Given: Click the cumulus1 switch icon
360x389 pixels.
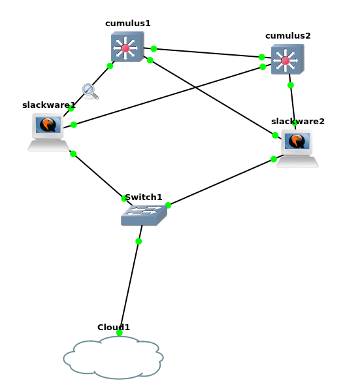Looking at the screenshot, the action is coord(127,46).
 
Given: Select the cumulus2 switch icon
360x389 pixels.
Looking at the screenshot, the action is coord(287,59).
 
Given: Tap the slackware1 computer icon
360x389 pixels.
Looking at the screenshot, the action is coord(48,132).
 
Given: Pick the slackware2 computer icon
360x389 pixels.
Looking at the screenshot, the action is coord(297,148).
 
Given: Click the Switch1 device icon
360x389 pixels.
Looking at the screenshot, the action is coord(144,215).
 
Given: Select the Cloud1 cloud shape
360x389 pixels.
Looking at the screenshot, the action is coord(113,358).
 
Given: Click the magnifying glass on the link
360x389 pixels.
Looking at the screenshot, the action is coord(90,92).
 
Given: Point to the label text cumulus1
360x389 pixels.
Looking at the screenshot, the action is coord(127,24).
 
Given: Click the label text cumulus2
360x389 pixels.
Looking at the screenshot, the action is coord(288,36).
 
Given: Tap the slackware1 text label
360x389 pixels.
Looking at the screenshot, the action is coord(49,105).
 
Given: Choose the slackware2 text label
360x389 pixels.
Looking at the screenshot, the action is coord(298,122).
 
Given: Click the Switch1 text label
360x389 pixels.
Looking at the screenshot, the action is coord(144,197).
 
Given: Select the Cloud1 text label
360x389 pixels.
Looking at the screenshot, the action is coord(114,328).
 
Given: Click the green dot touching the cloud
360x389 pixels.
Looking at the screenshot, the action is coord(120,333).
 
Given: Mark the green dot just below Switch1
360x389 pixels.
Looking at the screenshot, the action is coord(139,241).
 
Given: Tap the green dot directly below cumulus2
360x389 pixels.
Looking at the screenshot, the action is coord(291,86).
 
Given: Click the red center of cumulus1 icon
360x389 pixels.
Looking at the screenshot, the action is coord(125,48).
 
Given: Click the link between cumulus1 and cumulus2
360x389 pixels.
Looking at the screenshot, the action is coord(208,53).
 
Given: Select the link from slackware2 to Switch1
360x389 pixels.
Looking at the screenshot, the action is coord(225,180).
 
